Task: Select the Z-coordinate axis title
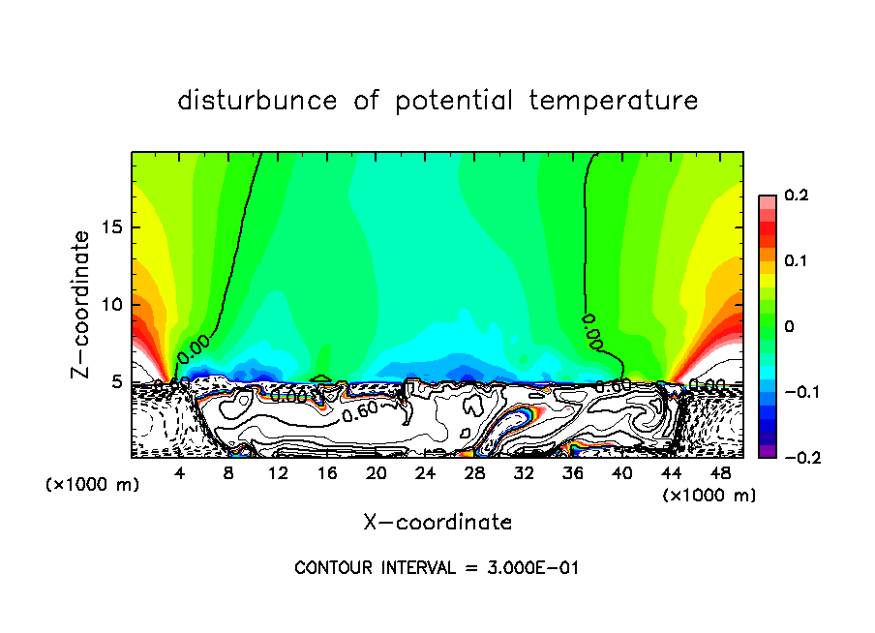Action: tap(82, 304)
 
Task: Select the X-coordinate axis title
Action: tap(437, 523)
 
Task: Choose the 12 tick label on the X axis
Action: tap(278, 474)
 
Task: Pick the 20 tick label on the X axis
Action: tap(377, 474)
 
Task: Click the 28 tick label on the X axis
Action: tap(474, 474)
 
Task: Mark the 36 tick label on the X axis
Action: tap(572, 474)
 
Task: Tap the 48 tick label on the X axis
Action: tap(719, 474)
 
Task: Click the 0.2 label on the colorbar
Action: tap(796, 196)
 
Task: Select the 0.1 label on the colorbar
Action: tap(796, 261)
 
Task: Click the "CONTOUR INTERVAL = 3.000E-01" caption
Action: tap(437, 568)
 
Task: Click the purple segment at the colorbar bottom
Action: tap(768, 451)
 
